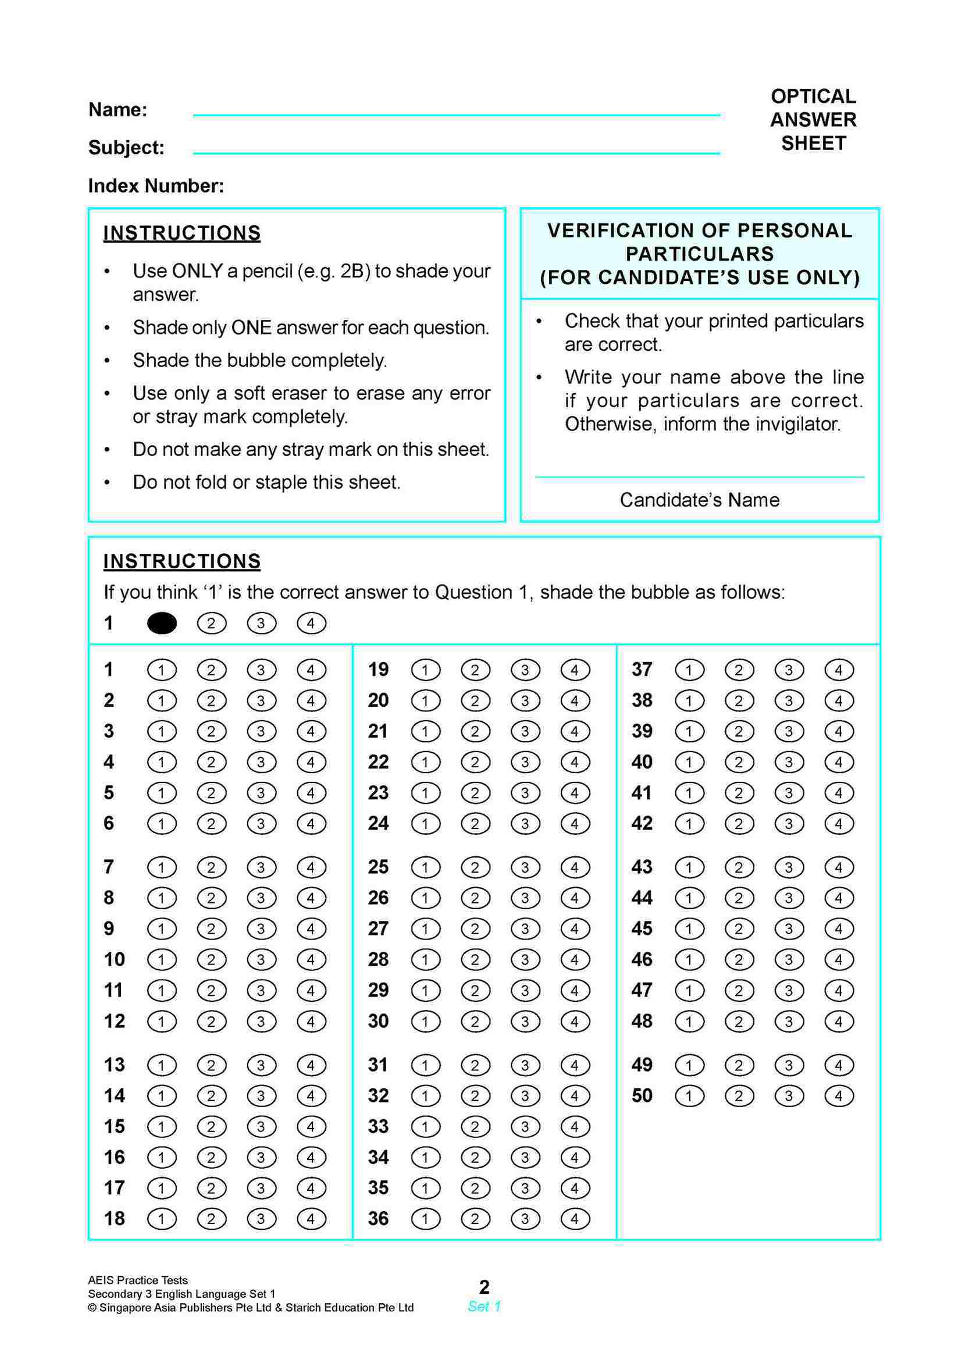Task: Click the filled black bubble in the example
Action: pyautogui.click(x=162, y=624)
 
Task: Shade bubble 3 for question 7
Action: pyautogui.click(x=261, y=867)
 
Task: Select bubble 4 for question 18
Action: pyautogui.click(x=311, y=1218)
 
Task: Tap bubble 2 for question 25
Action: pyautogui.click(x=476, y=867)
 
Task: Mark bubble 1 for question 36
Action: pyautogui.click(x=425, y=1218)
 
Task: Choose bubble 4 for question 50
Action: pyautogui.click(x=838, y=1095)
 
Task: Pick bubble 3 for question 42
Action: pyautogui.click(x=789, y=824)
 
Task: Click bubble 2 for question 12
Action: pyautogui.click(x=211, y=1022)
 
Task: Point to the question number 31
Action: pyautogui.click(x=378, y=1065)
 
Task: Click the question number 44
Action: pyautogui.click(x=642, y=898)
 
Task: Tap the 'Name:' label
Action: pyautogui.click(x=117, y=110)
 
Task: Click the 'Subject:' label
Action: pyautogui.click(x=126, y=147)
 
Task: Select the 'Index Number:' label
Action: pyautogui.click(x=156, y=186)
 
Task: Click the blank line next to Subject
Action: pyautogui.click(x=457, y=152)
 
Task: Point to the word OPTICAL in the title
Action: pyautogui.click(x=813, y=96)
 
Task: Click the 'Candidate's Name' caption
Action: pyautogui.click(x=699, y=500)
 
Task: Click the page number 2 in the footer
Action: pyautogui.click(x=484, y=1286)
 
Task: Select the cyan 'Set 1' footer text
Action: pyautogui.click(x=484, y=1307)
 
